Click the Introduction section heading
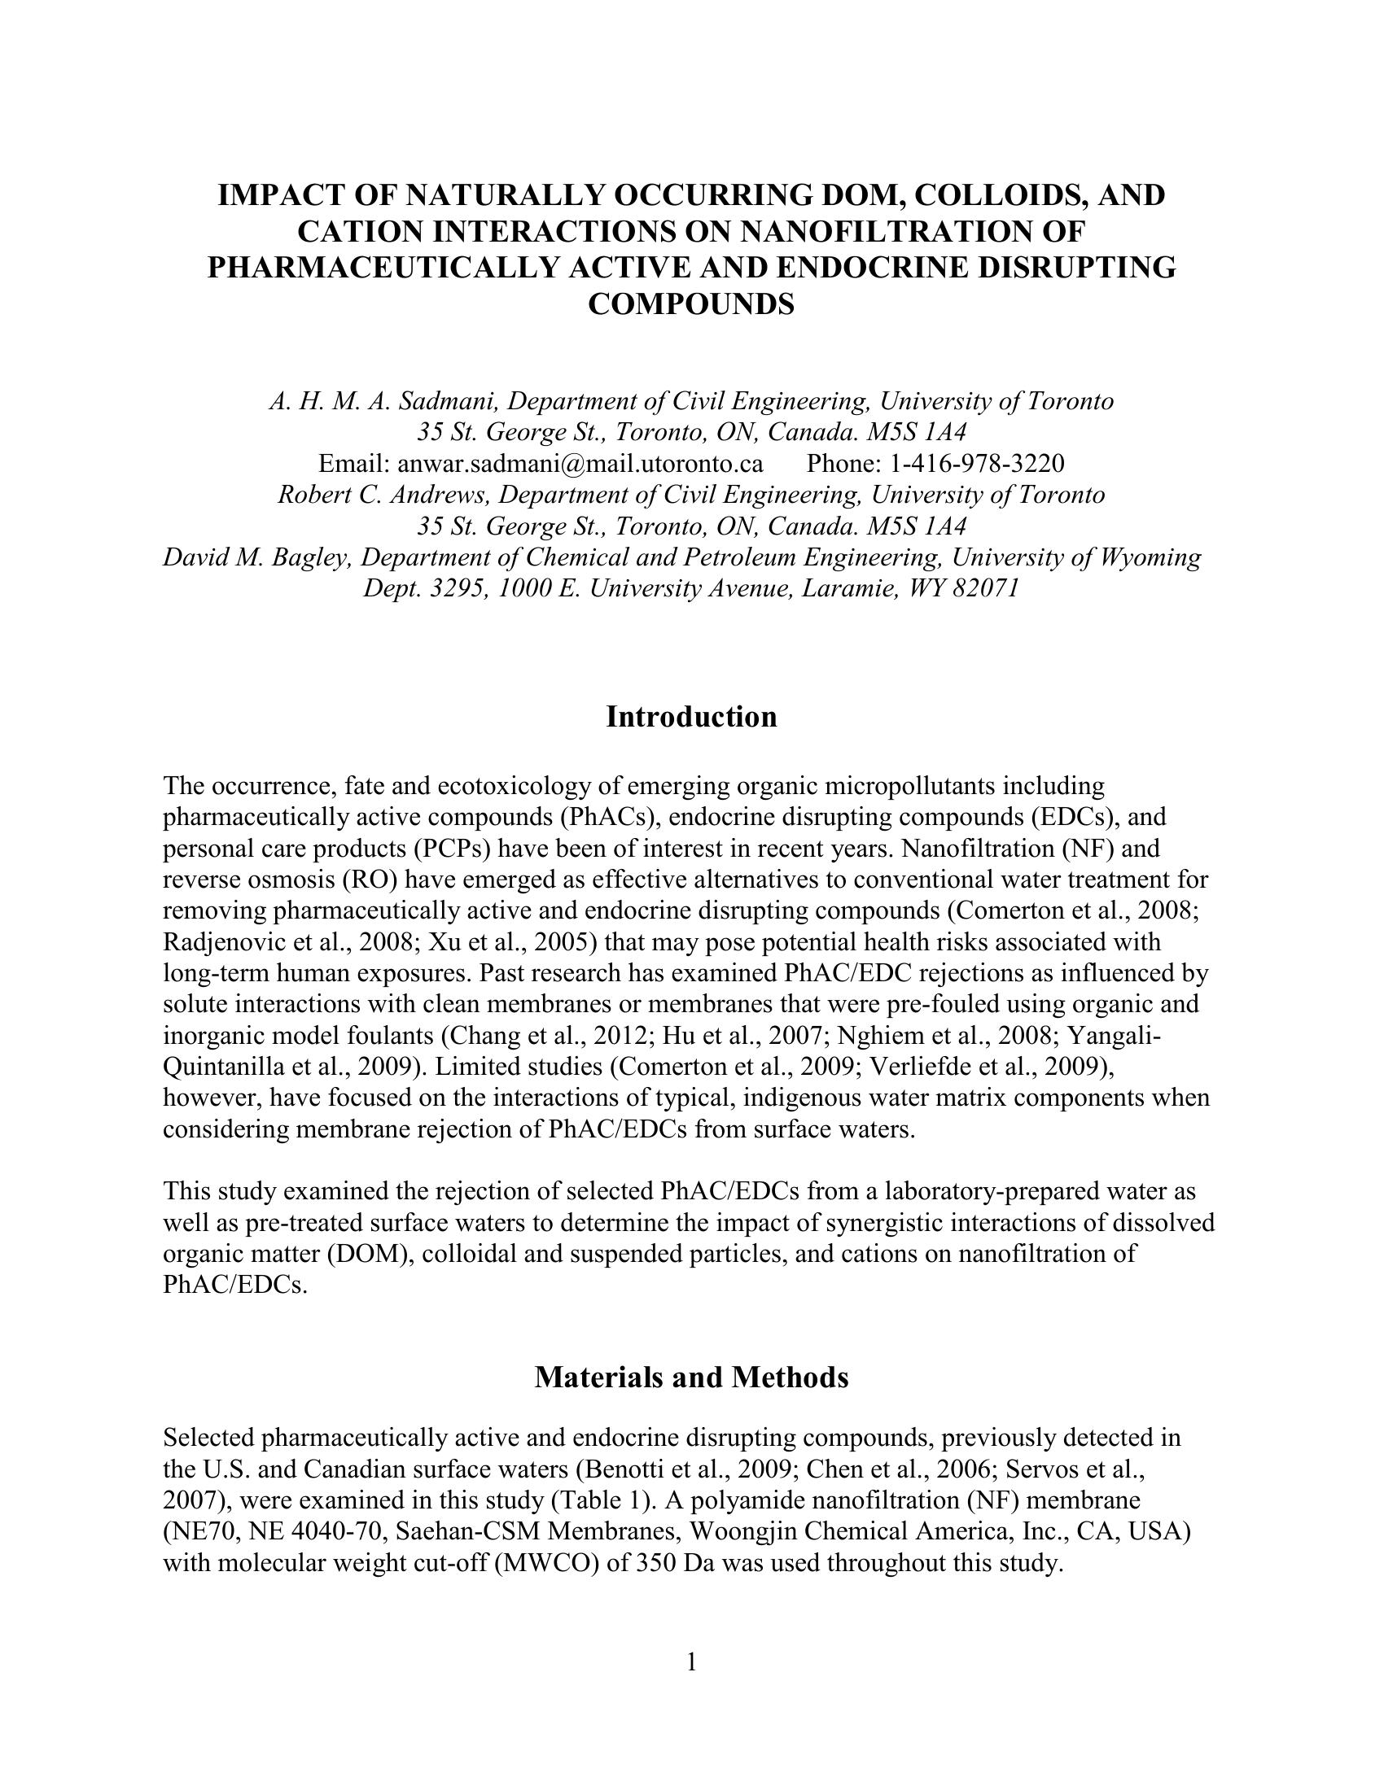[691, 717]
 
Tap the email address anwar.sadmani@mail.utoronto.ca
[580, 464]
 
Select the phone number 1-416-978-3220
[976, 464]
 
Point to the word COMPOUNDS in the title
[691, 304]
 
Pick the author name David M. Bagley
[257, 557]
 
